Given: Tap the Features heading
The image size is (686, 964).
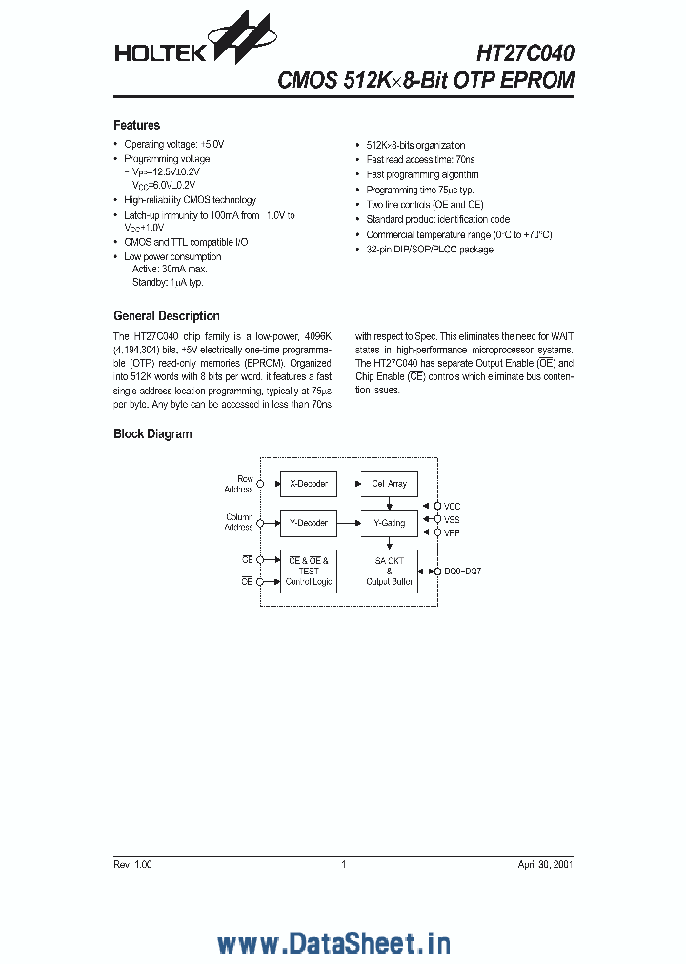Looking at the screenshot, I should coord(136,125).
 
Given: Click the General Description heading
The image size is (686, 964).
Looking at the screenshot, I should coord(166,315).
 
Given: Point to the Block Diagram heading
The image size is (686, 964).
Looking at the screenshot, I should coord(152,433).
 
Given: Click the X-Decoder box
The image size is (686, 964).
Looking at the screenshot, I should coord(308,484).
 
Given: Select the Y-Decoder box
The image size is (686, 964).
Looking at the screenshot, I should coord(308,522).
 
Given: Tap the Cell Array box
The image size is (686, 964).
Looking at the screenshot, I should coord(389,484).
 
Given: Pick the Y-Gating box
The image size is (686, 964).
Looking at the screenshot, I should coord(389,522).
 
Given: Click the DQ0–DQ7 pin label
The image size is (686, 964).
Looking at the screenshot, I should coord(463,571).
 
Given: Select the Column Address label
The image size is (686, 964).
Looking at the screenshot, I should coord(238,522).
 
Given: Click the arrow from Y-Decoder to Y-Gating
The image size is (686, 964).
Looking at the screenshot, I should coord(348,522).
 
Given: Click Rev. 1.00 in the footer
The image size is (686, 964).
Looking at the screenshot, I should coord(132,864).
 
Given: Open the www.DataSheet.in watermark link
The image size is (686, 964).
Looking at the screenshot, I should coord(333,917).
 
